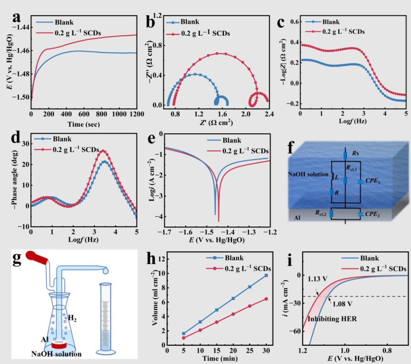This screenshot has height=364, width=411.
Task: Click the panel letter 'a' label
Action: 16,18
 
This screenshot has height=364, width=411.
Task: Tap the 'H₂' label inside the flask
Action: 72,307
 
